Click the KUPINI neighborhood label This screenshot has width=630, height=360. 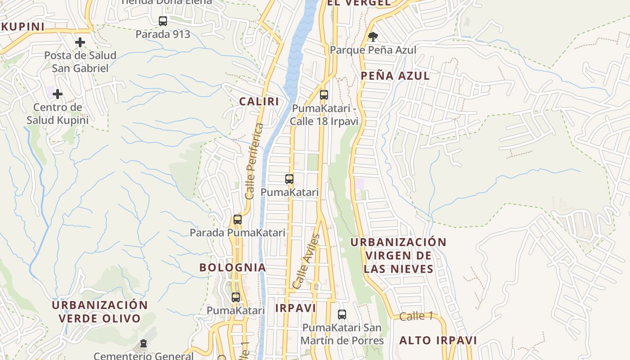[23, 27]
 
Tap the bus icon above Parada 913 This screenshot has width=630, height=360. [163, 21]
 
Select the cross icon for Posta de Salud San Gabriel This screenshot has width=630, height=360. [80, 42]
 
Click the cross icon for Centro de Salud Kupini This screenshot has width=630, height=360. [58, 94]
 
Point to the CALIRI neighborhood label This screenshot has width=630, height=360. [259, 101]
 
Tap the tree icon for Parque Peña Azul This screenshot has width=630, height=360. [373, 37]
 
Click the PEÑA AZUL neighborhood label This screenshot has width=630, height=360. [395, 76]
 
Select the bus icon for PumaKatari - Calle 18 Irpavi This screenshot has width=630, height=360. [324, 95]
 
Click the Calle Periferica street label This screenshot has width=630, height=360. [254, 161]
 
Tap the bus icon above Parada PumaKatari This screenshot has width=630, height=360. [238, 220]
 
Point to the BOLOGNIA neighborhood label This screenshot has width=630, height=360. [233, 267]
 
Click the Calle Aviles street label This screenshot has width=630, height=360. [306, 261]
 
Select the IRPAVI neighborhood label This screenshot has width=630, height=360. [295, 308]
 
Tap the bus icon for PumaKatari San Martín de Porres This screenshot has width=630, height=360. [342, 315]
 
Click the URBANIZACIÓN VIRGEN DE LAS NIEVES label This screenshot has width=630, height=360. [398, 256]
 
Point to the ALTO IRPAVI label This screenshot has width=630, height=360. [438, 340]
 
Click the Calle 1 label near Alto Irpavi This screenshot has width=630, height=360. [415, 316]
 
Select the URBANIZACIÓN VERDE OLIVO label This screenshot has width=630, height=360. [99, 311]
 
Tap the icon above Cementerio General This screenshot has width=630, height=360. [144, 344]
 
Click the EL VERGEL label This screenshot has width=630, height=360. [359, 3]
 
